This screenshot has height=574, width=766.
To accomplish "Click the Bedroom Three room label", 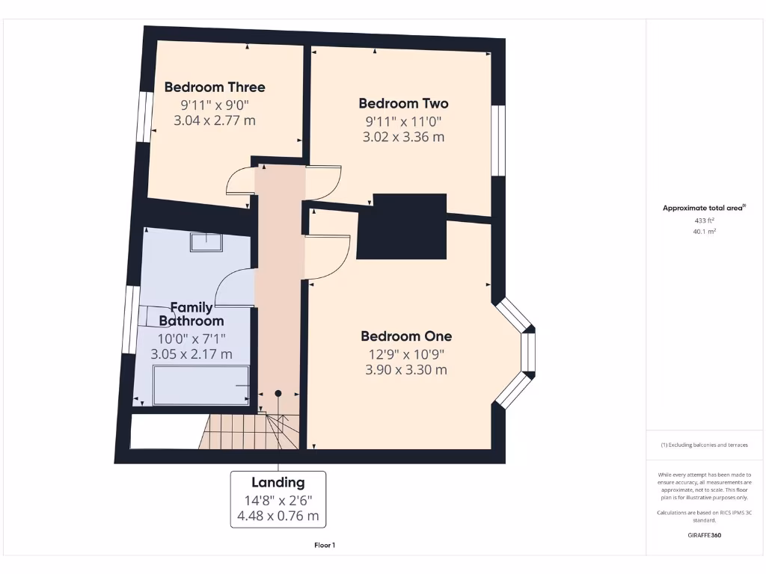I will (215, 87).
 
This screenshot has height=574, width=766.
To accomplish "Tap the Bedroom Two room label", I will (403, 104).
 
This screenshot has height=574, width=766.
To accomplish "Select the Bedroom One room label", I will (406, 336).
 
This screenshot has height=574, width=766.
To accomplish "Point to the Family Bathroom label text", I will (191, 314).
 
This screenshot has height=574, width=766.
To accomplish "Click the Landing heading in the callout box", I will (278, 483).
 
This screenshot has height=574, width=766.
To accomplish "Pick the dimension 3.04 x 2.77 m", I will (215, 120).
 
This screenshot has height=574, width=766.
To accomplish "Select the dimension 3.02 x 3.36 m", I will (403, 137).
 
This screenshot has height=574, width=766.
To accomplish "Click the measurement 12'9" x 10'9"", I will (406, 354).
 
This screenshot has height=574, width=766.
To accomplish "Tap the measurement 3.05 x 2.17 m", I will (191, 354).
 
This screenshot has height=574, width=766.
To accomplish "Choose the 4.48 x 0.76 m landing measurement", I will (278, 516).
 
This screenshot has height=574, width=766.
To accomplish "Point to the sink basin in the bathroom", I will (206, 242).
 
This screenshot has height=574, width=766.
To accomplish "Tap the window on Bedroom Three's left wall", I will (141, 116).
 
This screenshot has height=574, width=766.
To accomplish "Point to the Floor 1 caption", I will (324, 546).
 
